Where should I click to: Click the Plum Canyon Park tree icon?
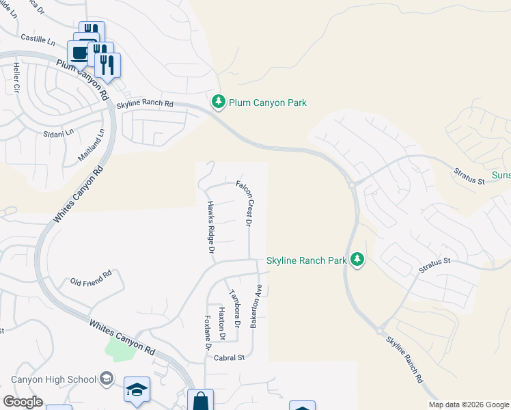click(x=218, y=102)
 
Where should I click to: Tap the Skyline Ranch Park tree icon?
click(x=357, y=259)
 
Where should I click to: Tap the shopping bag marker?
click(x=200, y=400)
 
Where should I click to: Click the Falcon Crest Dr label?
click(x=245, y=204)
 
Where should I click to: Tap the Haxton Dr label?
click(x=221, y=324)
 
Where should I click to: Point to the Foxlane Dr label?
click(x=207, y=334)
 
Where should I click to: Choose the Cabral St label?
click(x=230, y=357)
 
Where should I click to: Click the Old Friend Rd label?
click(x=91, y=280)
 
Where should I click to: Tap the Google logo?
click(x=23, y=402)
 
